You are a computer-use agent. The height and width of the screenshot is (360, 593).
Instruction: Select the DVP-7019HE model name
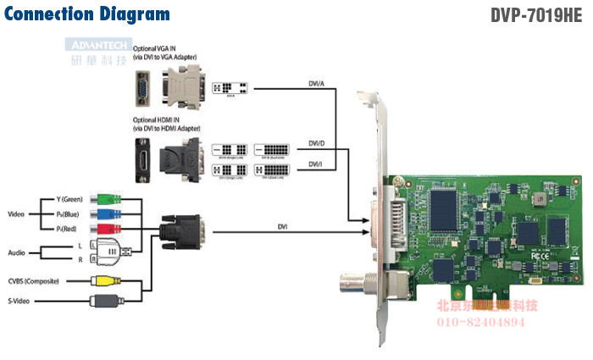[538, 15]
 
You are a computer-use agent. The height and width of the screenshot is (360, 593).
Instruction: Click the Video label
[17, 213]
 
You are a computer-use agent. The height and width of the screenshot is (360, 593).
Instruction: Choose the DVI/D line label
[315, 143]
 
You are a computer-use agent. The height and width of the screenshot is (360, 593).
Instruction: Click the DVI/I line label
[315, 163]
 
